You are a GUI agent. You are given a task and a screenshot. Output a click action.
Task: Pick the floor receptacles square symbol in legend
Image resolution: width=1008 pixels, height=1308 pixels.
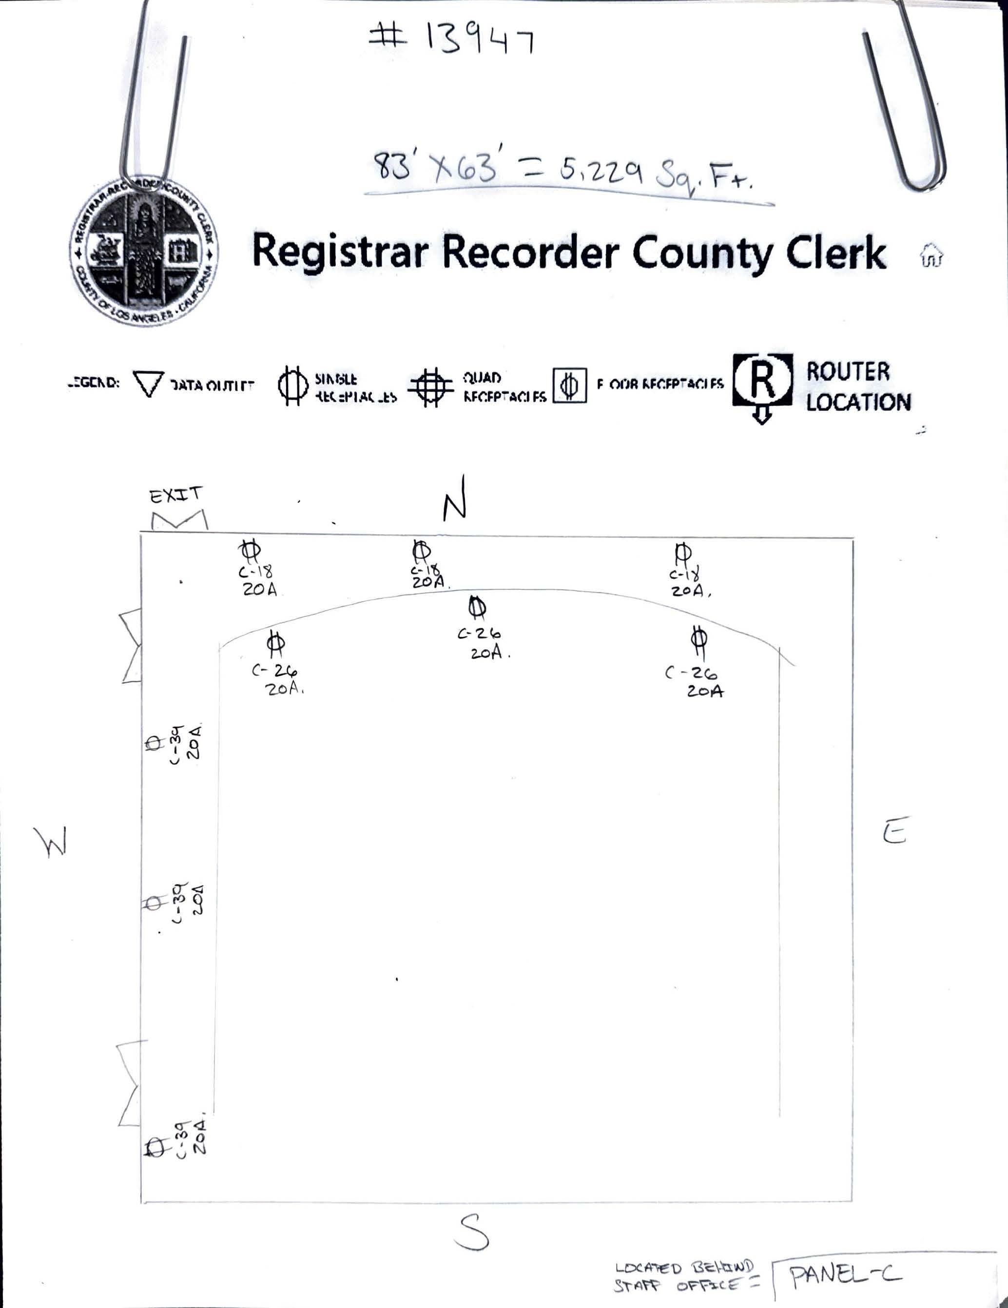569,385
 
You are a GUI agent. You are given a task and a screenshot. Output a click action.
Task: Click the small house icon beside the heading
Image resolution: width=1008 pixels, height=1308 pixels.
931,254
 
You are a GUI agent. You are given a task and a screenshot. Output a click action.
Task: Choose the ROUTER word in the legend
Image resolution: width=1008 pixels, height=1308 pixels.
848,371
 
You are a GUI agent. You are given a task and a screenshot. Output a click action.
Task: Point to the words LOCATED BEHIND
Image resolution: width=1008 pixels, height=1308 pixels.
683,1269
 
